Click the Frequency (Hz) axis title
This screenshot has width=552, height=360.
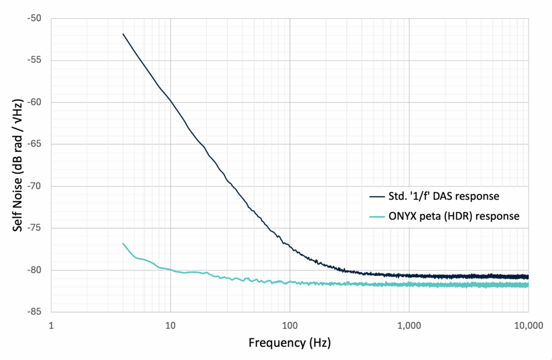tap(289, 343)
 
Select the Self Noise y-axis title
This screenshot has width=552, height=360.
tap(17, 165)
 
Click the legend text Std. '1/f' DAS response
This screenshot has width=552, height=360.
tap(447, 196)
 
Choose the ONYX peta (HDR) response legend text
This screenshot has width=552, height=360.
tap(454, 216)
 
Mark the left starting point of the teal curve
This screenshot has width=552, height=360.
tap(123, 244)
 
